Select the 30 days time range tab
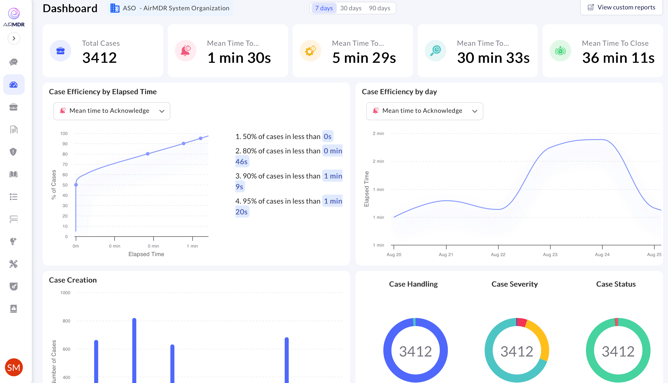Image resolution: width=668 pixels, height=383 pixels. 351,8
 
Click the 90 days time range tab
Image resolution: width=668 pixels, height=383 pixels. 379,8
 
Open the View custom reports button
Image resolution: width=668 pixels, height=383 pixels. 621,7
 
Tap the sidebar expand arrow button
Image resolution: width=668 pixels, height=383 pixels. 14,38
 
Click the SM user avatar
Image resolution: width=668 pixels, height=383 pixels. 14,367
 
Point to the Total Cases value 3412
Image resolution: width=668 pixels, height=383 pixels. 99,58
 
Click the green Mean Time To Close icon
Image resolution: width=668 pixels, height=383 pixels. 560,50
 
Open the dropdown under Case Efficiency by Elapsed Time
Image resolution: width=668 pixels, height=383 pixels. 112,111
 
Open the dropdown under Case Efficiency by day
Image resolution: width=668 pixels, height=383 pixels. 425,111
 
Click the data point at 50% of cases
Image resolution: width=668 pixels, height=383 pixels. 76,185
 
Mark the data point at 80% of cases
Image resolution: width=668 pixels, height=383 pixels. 148,154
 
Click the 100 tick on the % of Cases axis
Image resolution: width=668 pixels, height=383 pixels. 64,134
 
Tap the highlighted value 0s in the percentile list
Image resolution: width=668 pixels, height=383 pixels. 327,137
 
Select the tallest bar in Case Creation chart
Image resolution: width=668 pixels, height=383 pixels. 134,350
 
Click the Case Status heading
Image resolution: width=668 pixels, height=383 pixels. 616,284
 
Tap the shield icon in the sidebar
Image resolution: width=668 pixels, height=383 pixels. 13,152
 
